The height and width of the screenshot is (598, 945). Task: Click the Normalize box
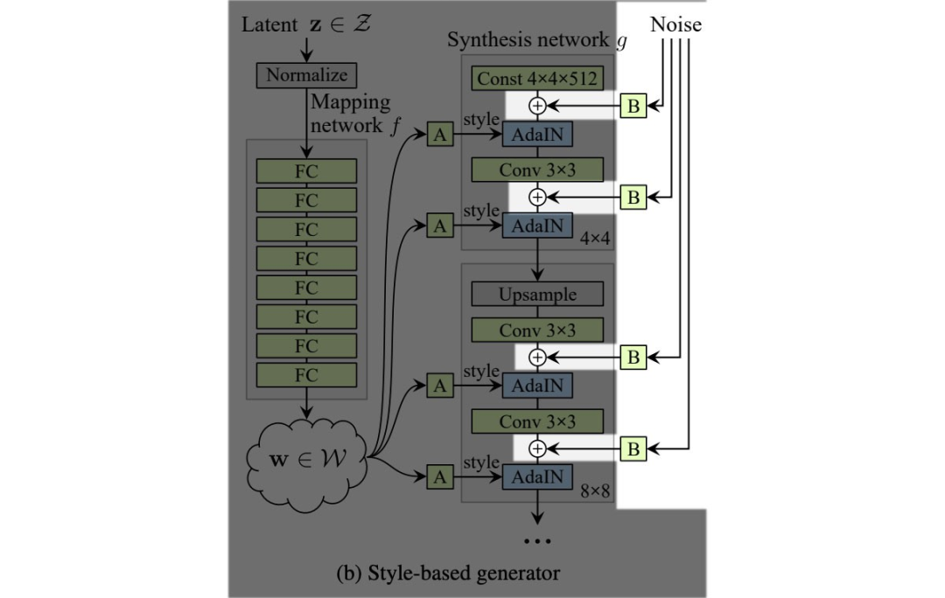click(x=306, y=75)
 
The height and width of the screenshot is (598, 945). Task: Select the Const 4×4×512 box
click(x=537, y=79)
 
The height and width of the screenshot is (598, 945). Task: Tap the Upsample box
click(x=537, y=295)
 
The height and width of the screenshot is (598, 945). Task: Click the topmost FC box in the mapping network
click(x=306, y=170)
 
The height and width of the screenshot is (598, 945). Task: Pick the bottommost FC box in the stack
click(x=306, y=375)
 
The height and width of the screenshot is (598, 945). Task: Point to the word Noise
click(x=675, y=24)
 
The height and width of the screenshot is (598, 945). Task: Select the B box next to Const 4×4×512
click(x=633, y=107)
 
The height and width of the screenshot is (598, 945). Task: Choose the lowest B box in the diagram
click(x=633, y=449)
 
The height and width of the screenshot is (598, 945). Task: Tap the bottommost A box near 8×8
click(x=440, y=476)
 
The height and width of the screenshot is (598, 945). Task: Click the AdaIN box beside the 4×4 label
click(x=537, y=226)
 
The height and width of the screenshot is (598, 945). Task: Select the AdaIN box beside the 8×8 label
click(x=537, y=477)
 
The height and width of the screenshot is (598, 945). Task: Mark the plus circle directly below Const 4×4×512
click(x=538, y=106)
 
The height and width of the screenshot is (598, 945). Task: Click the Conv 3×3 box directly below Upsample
click(x=537, y=330)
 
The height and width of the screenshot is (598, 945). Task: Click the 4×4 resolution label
click(x=594, y=237)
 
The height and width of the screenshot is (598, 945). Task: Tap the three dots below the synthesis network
click(x=537, y=542)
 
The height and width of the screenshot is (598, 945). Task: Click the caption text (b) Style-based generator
click(x=448, y=574)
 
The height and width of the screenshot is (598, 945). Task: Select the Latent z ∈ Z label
click(x=306, y=24)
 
